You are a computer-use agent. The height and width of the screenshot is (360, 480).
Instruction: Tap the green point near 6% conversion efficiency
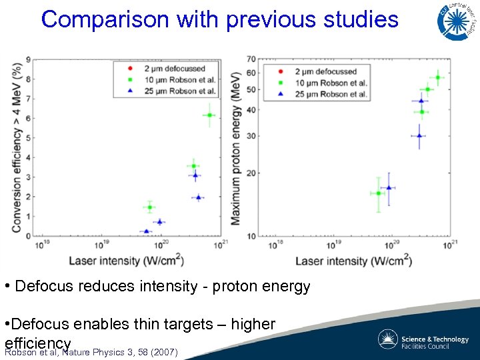[209, 115]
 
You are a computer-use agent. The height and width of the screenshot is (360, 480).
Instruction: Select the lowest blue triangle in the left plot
[147, 231]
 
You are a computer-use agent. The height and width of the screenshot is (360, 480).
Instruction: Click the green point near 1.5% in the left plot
[149, 207]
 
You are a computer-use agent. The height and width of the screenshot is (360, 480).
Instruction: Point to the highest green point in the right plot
[438, 77]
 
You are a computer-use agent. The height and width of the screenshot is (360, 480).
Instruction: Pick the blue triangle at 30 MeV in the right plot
[419, 135]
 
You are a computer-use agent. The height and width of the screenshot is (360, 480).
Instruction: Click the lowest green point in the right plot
[378, 193]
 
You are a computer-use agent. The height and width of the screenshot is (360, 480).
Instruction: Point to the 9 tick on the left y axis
[27, 60]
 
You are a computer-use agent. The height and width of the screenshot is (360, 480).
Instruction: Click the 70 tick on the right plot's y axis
[251, 59]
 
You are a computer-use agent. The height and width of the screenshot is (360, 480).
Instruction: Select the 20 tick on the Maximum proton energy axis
[251, 173]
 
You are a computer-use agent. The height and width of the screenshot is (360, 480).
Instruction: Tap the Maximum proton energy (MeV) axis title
[236, 148]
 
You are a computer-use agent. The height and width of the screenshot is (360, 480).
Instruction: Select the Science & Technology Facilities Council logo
[423, 339]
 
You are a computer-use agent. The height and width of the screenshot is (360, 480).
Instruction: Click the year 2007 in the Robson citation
[165, 352]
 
